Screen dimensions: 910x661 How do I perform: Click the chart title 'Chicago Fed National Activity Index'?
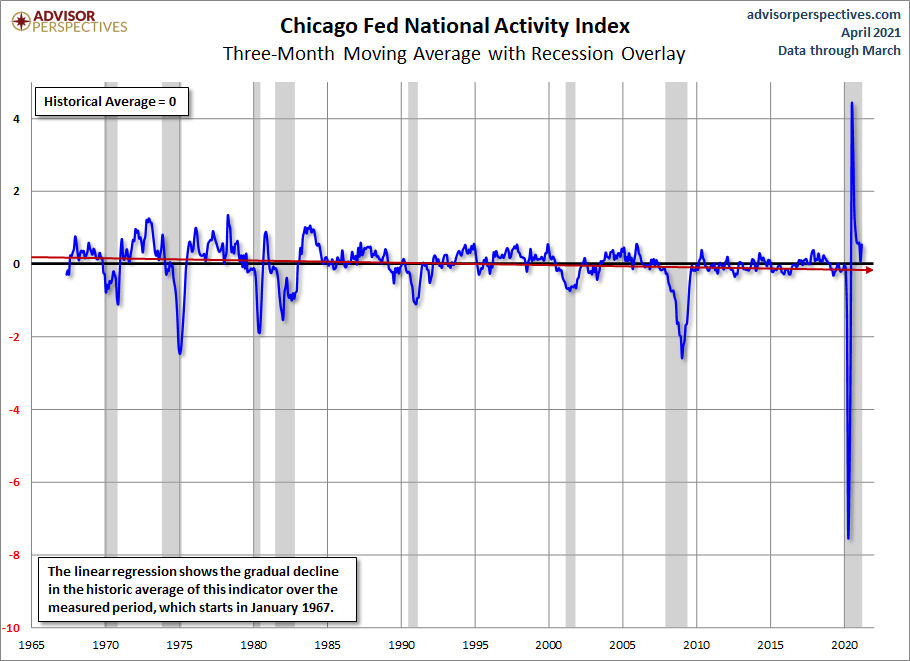pyautogui.click(x=455, y=26)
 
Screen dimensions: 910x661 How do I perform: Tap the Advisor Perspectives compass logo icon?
pyautogui.click(x=21, y=22)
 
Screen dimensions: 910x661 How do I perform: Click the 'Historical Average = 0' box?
pyautogui.click(x=111, y=102)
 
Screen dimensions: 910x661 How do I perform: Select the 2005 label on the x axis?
pyautogui.click(x=623, y=645)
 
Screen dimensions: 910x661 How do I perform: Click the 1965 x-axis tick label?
pyautogui.click(x=31, y=645)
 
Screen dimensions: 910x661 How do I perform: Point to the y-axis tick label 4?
pyautogui.click(x=16, y=119)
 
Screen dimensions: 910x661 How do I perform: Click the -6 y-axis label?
pyautogui.click(x=14, y=482)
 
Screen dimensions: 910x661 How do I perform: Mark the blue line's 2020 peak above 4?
pyautogui.click(x=851, y=103)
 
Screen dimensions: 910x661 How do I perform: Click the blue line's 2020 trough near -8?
pyautogui.click(x=848, y=538)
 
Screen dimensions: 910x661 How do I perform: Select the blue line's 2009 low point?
pyautogui.click(x=682, y=357)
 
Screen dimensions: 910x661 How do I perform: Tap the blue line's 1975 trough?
pyautogui.click(x=180, y=352)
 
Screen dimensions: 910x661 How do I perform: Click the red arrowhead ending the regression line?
pyautogui.click(x=869, y=270)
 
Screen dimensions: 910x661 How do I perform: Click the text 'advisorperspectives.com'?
pyautogui.click(x=824, y=15)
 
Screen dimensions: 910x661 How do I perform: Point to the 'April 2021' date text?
pyautogui.click(x=871, y=32)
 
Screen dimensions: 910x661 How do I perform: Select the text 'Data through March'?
pyautogui.click(x=839, y=50)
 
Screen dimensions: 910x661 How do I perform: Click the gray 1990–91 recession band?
pyautogui.click(x=413, y=355)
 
